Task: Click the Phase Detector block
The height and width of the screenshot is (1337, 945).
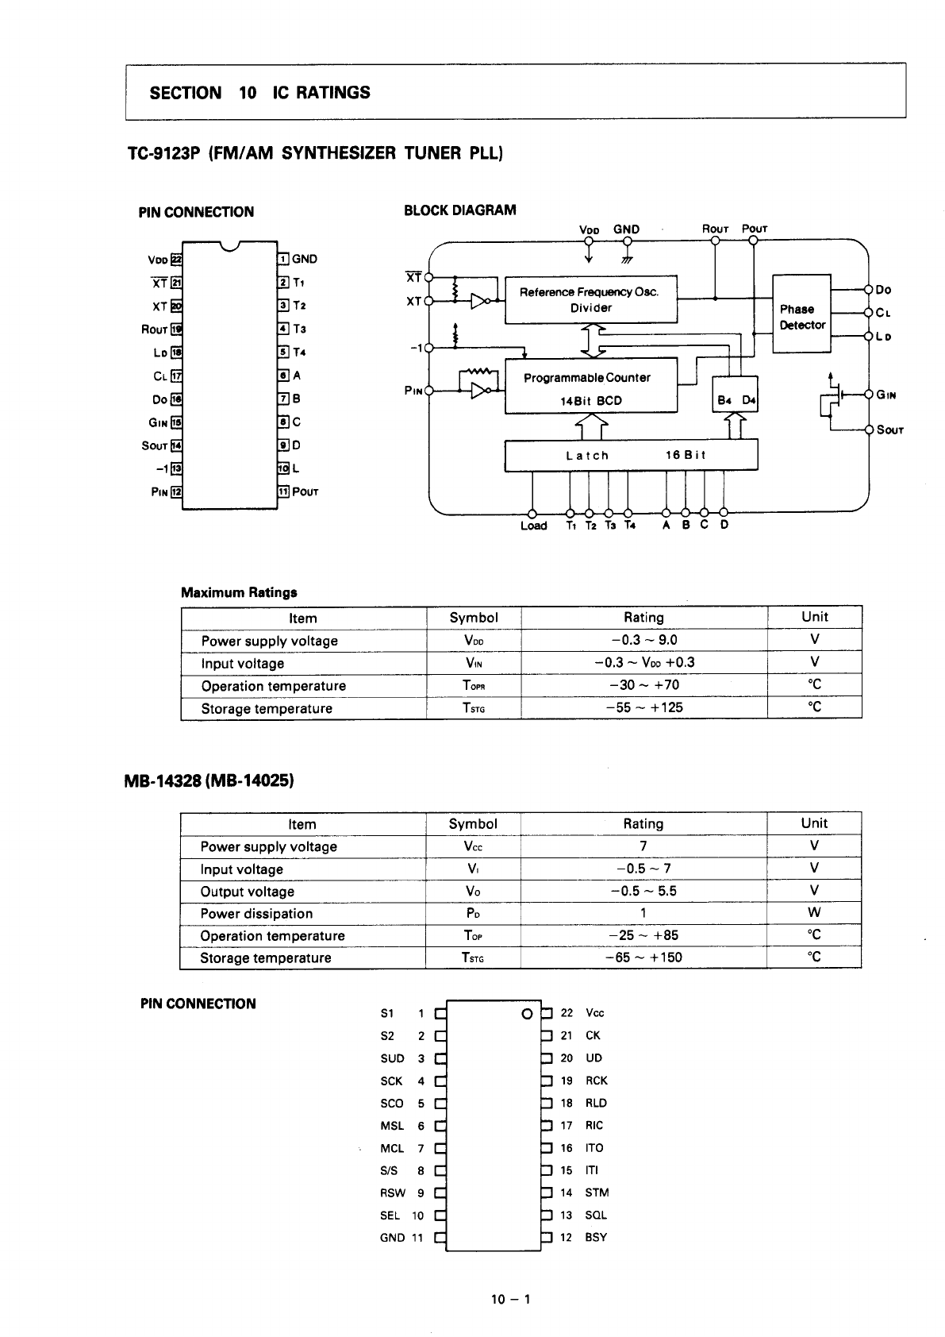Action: tap(801, 315)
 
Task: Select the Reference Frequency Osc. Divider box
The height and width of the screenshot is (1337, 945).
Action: tap(590, 300)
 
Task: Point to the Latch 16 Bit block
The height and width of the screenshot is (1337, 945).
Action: tap(631, 456)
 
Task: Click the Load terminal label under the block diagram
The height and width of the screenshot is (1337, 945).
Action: tap(533, 526)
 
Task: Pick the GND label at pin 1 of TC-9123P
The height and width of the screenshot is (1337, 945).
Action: tap(305, 259)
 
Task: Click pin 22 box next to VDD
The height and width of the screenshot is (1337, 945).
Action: tap(176, 260)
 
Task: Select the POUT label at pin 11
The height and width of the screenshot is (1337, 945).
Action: tap(305, 492)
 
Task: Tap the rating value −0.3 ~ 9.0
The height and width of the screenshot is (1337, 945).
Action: tap(643, 640)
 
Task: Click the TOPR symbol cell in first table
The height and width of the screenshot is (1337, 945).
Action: tap(473, 685)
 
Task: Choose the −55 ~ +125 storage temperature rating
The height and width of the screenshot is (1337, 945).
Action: tap(643, 707)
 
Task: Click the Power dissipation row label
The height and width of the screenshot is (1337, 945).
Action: tap(256, 914)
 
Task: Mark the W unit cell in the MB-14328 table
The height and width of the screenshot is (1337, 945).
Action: tap(814, 913)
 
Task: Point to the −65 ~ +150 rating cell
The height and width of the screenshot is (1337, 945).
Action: tap(643, 957)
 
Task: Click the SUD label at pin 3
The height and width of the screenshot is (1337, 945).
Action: tap(392, 1058)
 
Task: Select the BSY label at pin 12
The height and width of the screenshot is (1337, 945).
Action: tap(596, 1237)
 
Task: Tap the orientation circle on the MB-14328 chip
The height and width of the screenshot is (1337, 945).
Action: tap(526, 1014)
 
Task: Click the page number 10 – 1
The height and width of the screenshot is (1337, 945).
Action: tap(511, 1299)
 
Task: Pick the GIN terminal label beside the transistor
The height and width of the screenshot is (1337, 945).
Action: tap(885, 395)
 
